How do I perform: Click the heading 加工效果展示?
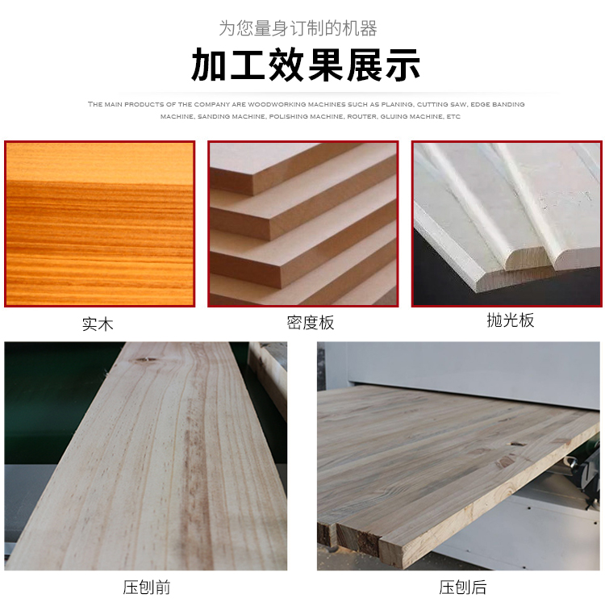[306, 65]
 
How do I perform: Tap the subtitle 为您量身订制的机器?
[298, 28]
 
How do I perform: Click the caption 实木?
[98, 324]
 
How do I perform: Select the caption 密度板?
[311, 323]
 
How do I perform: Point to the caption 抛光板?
[511, 320]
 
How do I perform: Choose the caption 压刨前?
[147, 587]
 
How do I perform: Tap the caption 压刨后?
[463, 587]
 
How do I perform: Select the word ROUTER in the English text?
[362, 116]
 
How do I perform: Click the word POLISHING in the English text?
[286, 116]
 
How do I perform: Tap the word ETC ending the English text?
[453, 116]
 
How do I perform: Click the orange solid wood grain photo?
[99, 224]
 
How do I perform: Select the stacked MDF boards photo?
[302, 224]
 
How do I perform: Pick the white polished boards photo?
[507, 224]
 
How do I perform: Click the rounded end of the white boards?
[528, 259]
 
